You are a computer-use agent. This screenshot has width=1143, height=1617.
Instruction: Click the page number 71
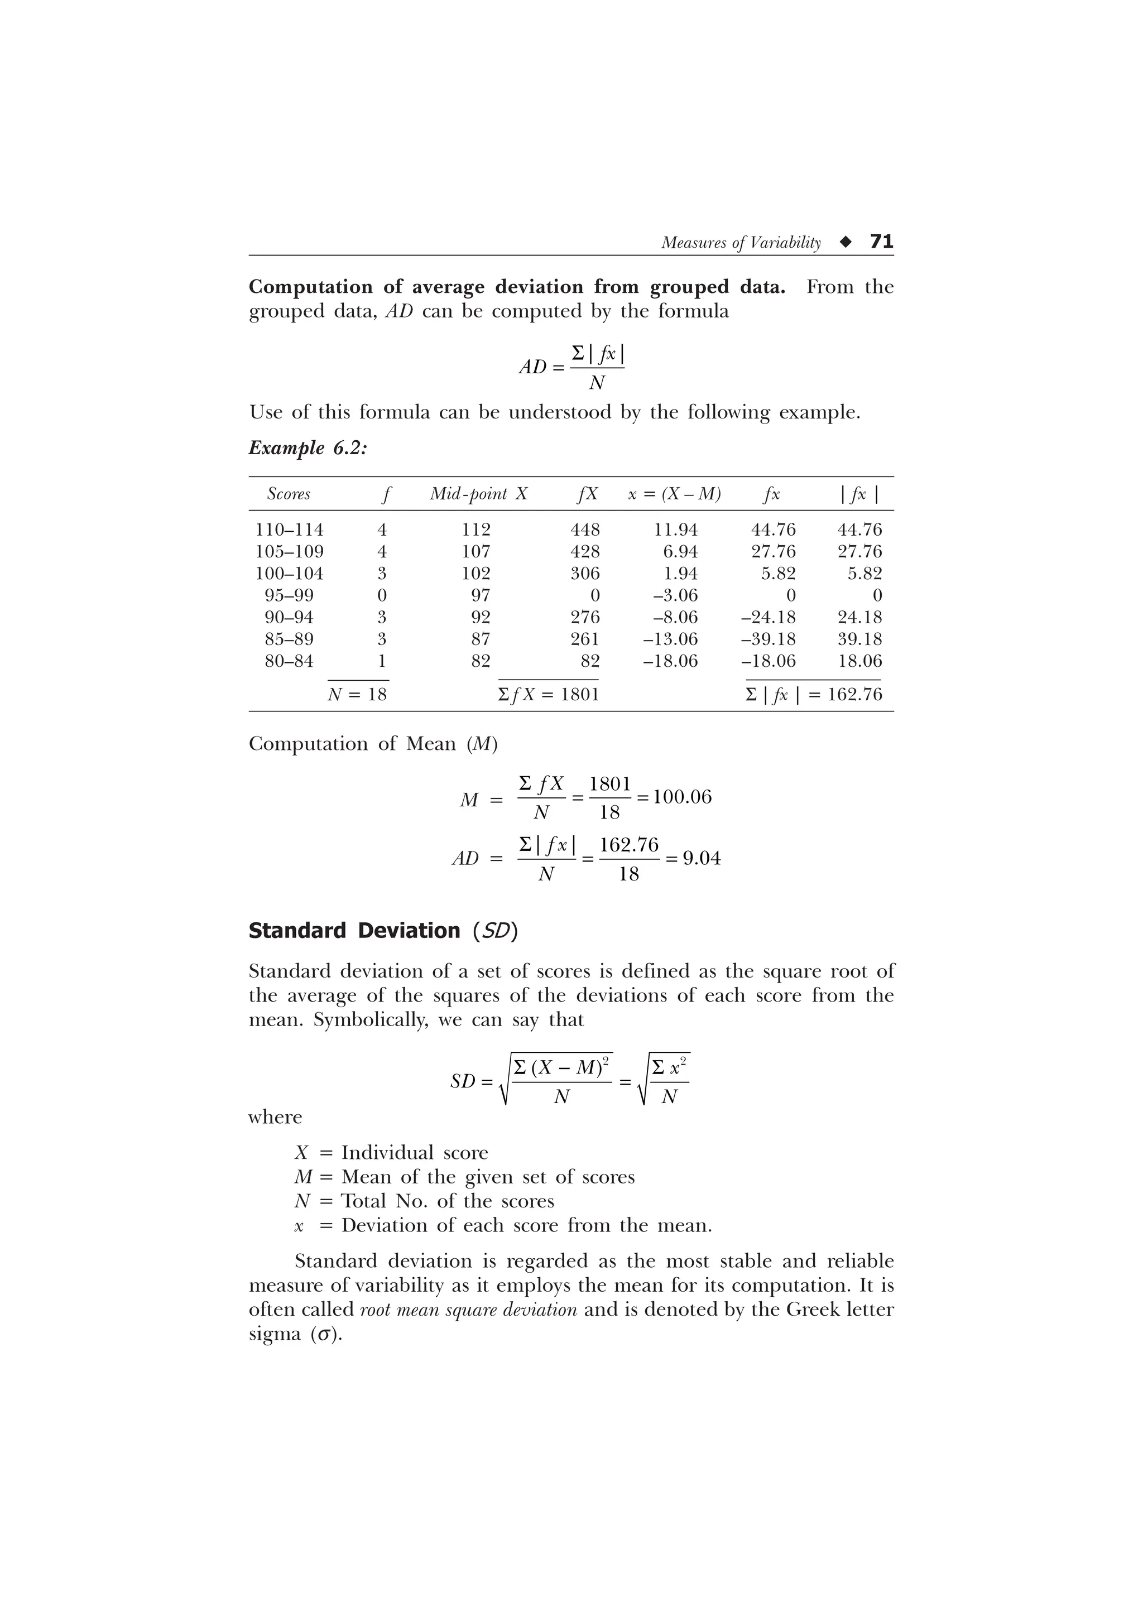coord(882,242)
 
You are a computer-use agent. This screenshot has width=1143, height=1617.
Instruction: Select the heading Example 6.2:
coord(308,448)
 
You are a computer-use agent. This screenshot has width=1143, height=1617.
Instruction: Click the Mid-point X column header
coord(478,494)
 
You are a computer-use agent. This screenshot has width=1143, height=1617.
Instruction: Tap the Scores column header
coord(289,494)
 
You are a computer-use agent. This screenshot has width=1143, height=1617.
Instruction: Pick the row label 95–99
coord(289,595)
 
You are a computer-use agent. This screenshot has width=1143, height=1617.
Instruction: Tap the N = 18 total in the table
coord(357,695)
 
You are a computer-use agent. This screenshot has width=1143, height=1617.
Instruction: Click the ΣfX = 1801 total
coord(548,695)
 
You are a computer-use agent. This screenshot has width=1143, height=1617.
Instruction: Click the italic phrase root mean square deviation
coord(468,1310)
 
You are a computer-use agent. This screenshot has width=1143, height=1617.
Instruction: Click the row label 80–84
coord(289,661)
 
